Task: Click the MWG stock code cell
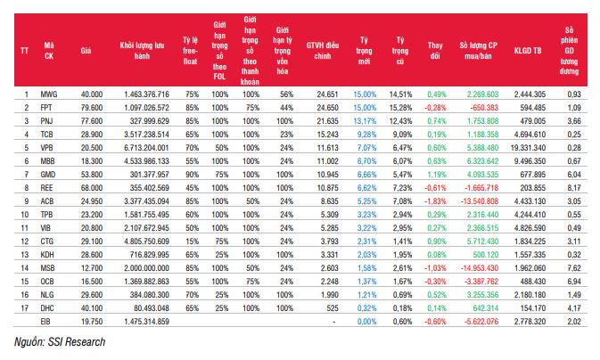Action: [x=49, y=94]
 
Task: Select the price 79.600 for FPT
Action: [x=92, y=108]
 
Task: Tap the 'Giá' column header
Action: [x=86, y=51]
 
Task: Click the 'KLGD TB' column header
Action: [x=528, y=51]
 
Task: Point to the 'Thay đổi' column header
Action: [x=435, y=51]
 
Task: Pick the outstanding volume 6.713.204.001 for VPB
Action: [x=146, y=148]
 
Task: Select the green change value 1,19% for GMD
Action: [x=437, y=175]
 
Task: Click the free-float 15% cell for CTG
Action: [x=192, y=241]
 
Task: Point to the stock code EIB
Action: [x=46, y=322]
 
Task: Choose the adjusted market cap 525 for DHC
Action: [x=333, y=308]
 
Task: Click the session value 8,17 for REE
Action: [x=574, y=188]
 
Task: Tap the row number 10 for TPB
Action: [x=24, y=215]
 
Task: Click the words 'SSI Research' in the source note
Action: [x=77, y=341]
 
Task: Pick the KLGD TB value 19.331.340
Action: [x=528, y=148]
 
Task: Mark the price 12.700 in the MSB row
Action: [x=92, y=268]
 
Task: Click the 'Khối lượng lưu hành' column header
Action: [x=142, y=51]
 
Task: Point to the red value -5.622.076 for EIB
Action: [x=481, y=322]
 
